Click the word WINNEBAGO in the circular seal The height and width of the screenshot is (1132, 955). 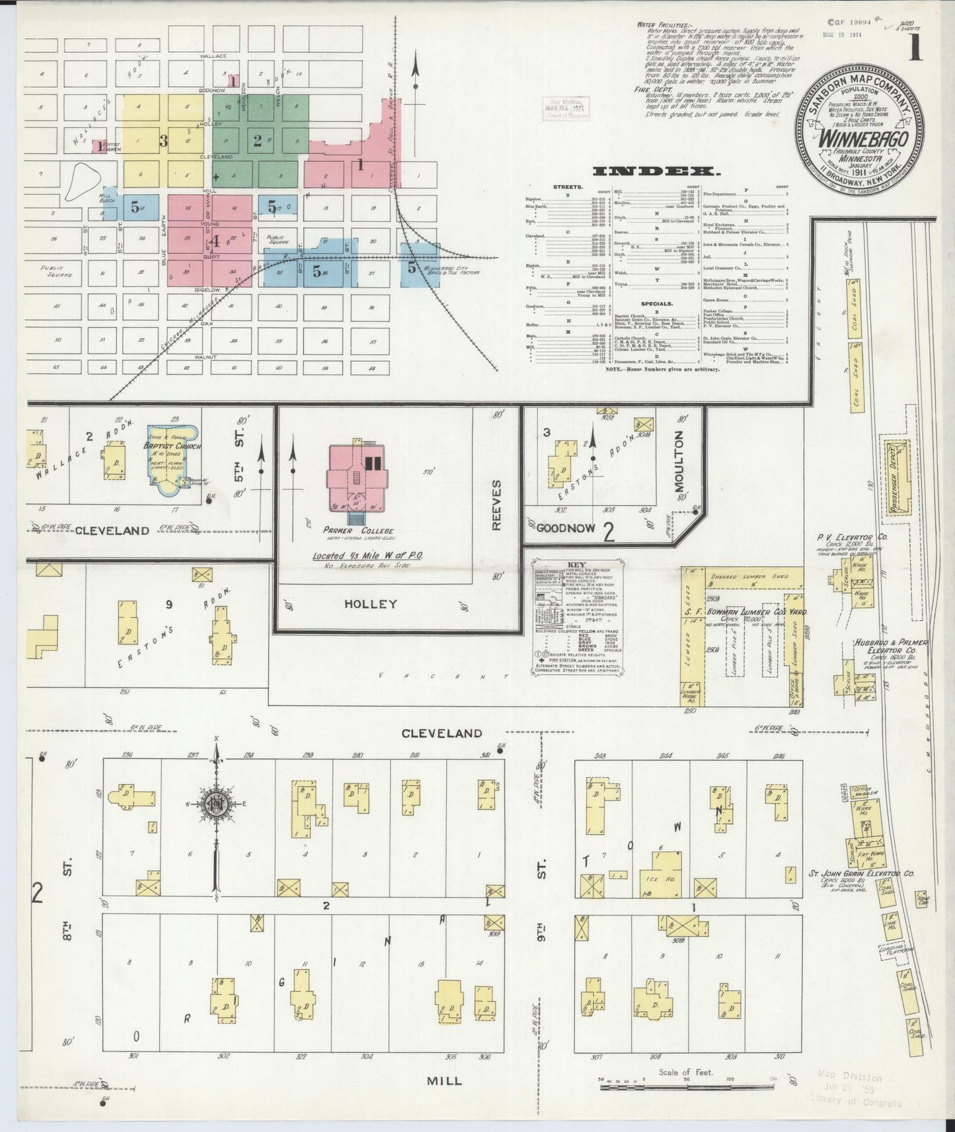tap(862, 139)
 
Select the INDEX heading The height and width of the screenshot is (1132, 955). tap(656, 172)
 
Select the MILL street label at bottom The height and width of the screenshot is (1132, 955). tap(445, 1081)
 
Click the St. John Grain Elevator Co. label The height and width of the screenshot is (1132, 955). tap(862, 874)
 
